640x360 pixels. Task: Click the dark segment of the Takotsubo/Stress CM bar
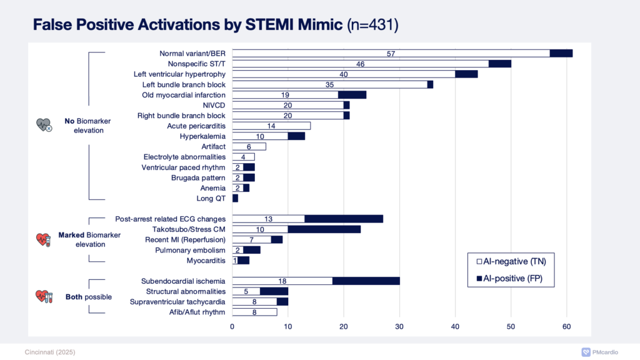[x=324, y=229]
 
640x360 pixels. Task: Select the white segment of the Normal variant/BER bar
[x=391, y=53]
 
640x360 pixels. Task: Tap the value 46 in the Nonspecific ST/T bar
[x=361, y=64]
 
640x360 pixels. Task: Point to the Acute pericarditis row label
[x=194, y=126]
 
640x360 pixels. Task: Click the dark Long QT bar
[x=235, y=198]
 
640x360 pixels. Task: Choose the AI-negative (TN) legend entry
[x=510, y=262]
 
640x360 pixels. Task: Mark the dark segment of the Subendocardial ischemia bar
[x=366, y=281]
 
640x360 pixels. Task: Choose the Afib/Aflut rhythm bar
[x=254, y=312]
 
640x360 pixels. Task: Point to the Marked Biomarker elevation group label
[x=82, y=239]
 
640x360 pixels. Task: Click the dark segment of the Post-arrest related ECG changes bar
[x=344, y=219]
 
